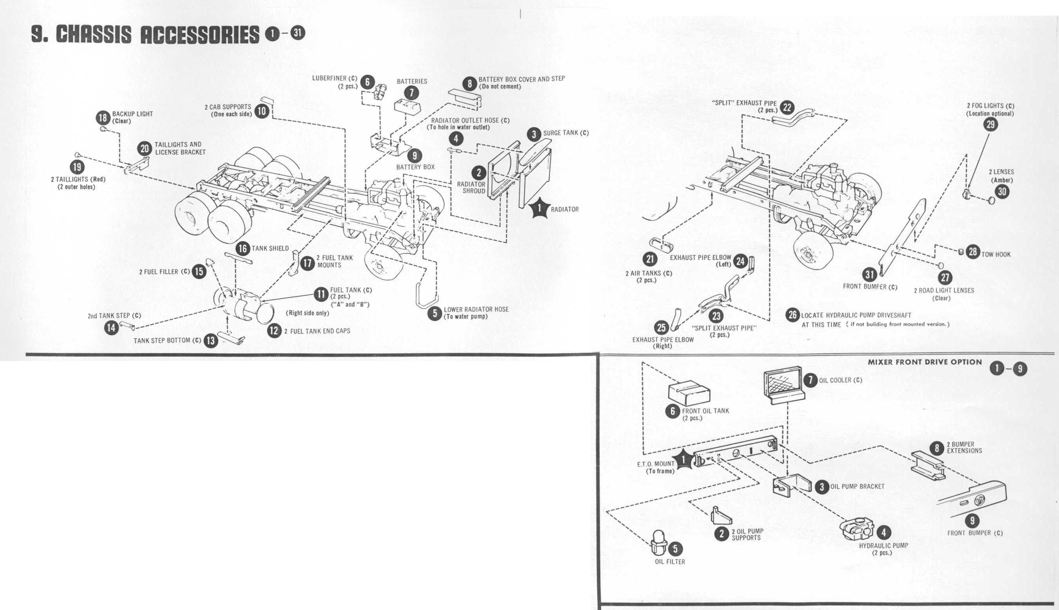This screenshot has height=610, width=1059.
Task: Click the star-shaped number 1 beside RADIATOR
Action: coord(539,208)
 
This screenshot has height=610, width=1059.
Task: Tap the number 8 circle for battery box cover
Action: coord(470,83)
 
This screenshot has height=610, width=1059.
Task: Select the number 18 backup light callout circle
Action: coord(103,118)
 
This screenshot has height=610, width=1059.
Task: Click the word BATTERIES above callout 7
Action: coord(412,81)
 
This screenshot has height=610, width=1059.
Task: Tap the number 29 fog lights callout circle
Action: coord(990,125)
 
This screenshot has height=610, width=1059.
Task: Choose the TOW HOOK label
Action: coord(996,254)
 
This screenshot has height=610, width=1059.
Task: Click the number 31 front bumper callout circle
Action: coord(869,274)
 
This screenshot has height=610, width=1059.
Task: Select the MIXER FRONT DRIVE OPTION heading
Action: coord(925,362)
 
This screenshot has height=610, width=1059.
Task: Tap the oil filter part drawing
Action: coord(659,543)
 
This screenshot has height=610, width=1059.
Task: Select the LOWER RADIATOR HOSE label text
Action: coord(476,310)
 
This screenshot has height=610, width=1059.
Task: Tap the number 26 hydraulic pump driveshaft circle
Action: coord(792,315)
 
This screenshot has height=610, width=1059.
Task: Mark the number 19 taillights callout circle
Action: coord(77,167)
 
